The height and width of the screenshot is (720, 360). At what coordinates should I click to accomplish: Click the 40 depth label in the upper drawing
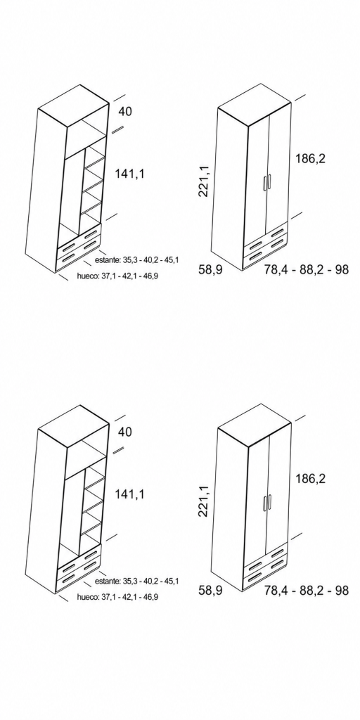[x=125, y=112]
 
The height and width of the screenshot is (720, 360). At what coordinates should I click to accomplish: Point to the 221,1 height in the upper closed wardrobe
[x=204, y=181]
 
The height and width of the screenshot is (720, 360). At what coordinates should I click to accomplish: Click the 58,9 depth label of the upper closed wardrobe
[x=210, y=269]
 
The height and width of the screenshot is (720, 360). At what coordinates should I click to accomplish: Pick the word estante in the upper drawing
[x=108, y=260]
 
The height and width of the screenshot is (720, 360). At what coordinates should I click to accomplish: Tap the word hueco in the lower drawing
[x=88, y=597]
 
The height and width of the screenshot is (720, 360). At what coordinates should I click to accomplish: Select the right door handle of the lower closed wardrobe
[x=269, y=501]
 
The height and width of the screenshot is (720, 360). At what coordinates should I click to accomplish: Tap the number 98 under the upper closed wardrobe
[x=342, y=269]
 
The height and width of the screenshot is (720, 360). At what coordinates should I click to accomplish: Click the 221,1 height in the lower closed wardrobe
[x=204, y=501]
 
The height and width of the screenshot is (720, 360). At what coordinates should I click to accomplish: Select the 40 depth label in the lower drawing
[x=125, y=432]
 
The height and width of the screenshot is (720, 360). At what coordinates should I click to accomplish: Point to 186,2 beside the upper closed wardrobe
[x=310, y=159]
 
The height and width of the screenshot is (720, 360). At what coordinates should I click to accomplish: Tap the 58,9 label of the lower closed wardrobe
[x=210, y=590]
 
